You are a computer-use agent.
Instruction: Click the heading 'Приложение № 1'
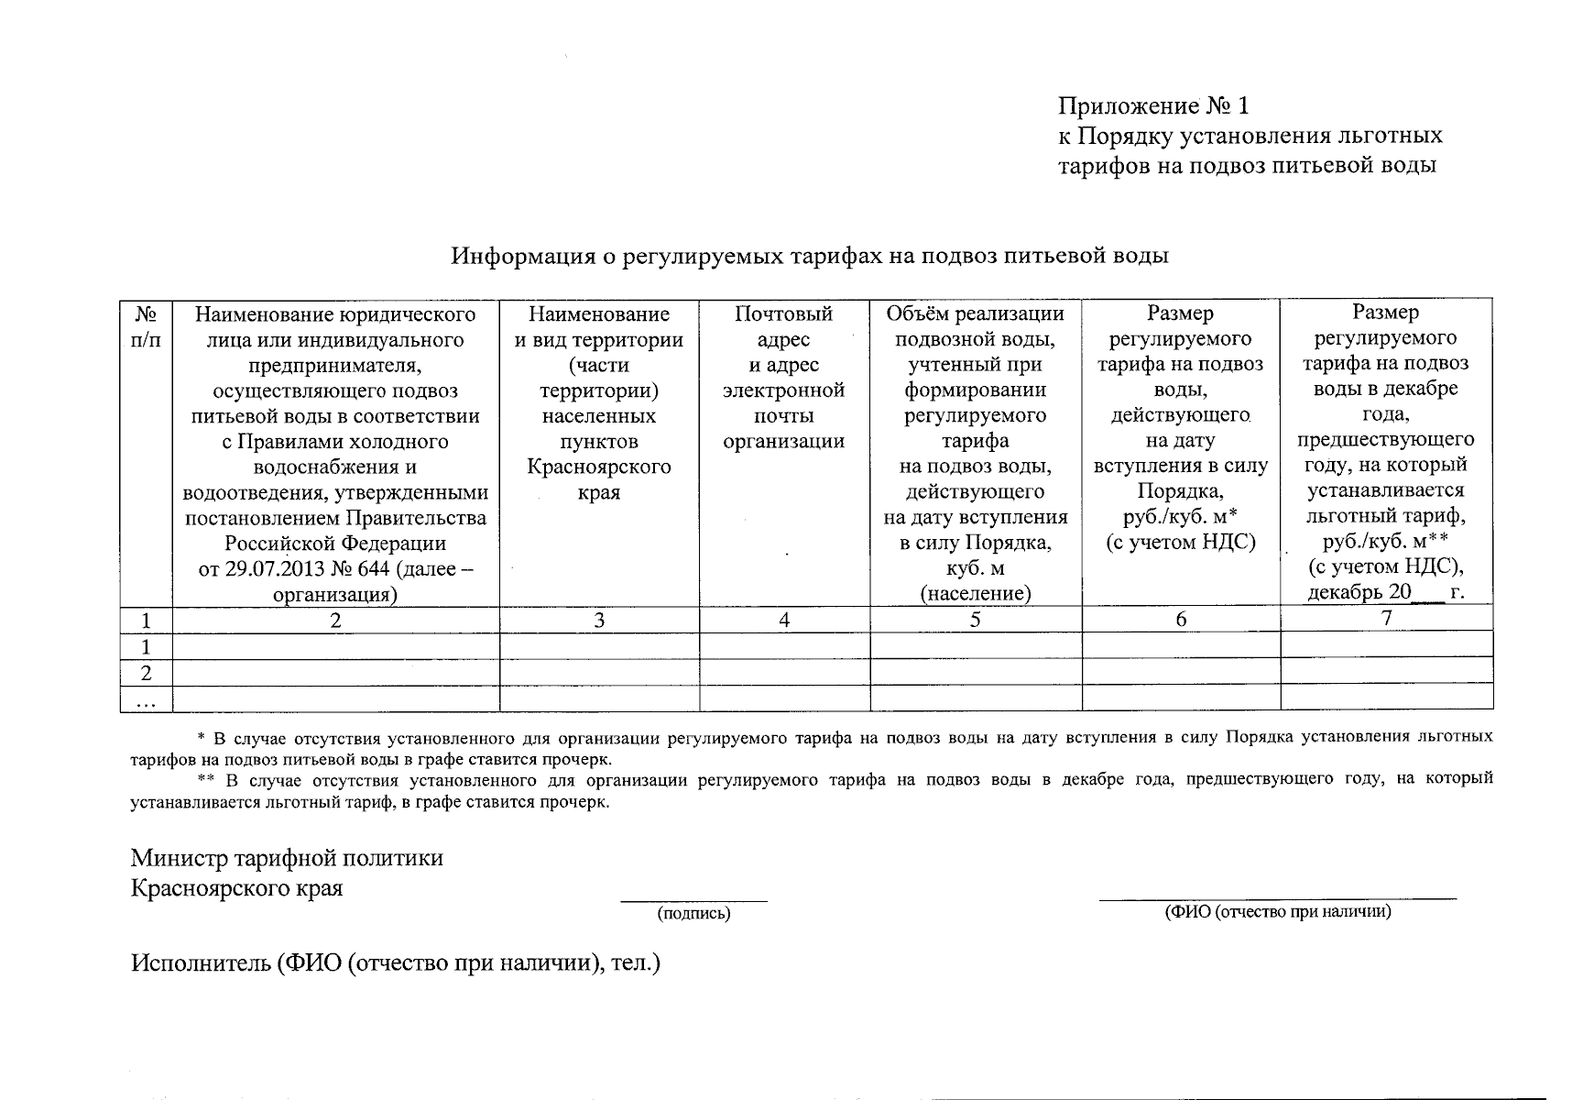pos(1153,106)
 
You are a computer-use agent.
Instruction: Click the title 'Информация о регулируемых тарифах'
pos(809,256)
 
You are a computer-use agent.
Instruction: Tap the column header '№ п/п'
pos(146,327)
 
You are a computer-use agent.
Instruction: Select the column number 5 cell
pos(975,620)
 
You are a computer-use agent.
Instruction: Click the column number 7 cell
pos(1386,618)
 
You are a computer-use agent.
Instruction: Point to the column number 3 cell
pos(598,621)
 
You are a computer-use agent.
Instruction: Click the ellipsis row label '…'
pos(146,700)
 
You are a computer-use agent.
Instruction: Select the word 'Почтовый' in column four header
pos(783,314)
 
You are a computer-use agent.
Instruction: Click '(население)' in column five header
pos(975,594)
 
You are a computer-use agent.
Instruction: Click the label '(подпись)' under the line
pos(693,914)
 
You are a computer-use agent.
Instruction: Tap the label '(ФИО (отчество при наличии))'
pos(1277,912)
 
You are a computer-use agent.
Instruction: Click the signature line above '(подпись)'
pos(693,901)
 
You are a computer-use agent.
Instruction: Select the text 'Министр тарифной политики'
pos(287,858)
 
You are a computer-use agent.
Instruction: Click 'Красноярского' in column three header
pos(598,467)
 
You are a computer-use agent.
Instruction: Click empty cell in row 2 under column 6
pos(1180,673)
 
